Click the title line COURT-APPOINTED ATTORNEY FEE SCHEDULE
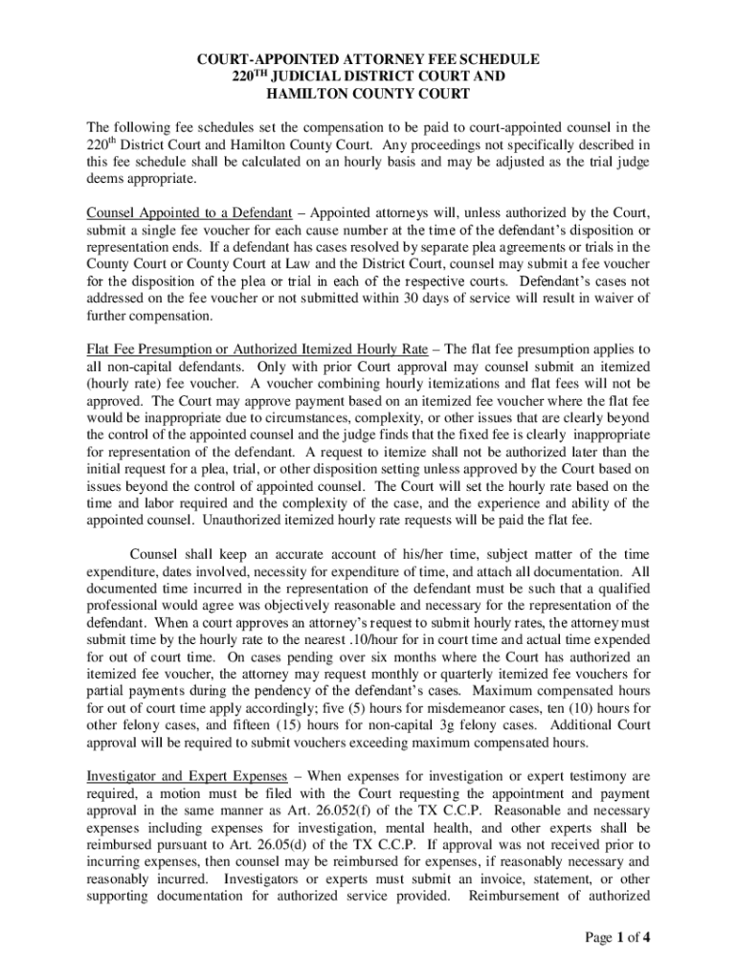368,59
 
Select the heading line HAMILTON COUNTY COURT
368,94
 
